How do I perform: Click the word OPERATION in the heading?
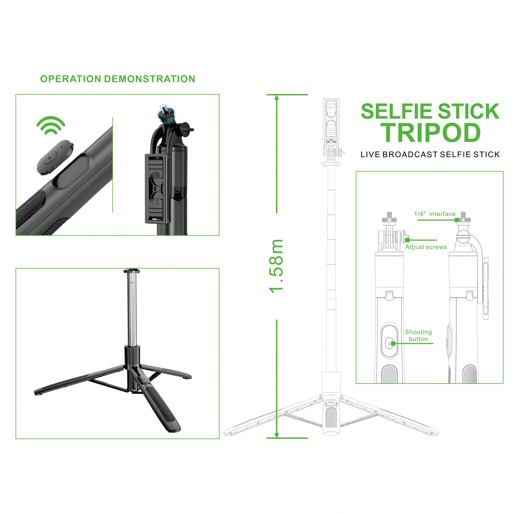pos(71,79)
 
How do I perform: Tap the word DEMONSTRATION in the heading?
pos(149,79)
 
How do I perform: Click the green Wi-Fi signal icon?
pos(51,125)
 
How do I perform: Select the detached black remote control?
pos(55,157)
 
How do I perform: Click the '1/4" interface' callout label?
pos(435,214)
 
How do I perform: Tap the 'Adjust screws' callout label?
pos(426,247)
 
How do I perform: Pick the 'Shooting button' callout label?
pos(418,336)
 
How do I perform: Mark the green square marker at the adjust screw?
pos(407,240)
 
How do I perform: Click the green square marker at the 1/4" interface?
pos(456,220)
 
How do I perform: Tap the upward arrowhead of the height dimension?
pos(277,97)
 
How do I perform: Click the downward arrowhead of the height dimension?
pos(277,435)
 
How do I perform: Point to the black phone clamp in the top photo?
pos(157,188)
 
